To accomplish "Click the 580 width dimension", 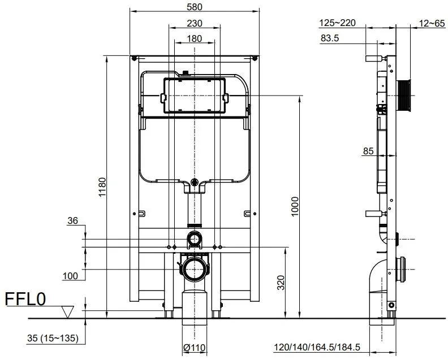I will [x=195, y=6].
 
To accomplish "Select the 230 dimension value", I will [x=195, y=24].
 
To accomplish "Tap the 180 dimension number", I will [x=195, y=38].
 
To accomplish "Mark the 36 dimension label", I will [x=72, y=222].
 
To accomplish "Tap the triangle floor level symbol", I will [x=67, y=311].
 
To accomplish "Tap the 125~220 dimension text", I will [x=338, y=23].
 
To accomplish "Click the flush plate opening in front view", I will [x=195, y=96].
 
